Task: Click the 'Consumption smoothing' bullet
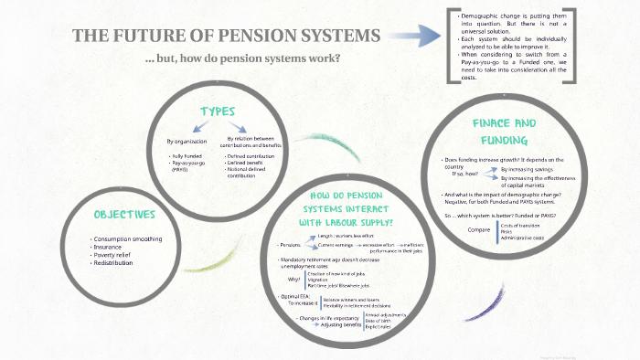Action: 128,239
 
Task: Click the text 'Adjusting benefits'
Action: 340,324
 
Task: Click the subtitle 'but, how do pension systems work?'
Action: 243,58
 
